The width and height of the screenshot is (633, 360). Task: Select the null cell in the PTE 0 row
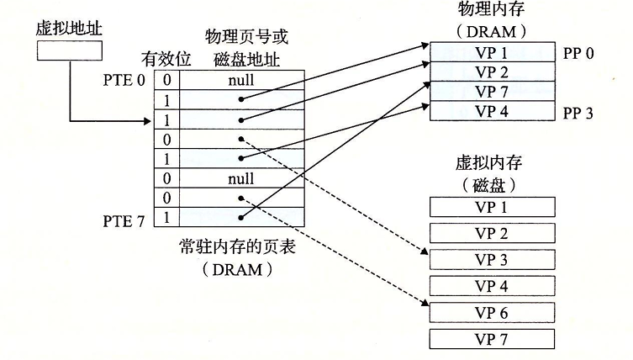pyautogui.click(x=241, y=81)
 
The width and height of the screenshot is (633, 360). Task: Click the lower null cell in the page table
pyautogui.click(x=241, y=179)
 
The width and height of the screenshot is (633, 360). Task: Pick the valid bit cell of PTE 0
pyautogui.click(x=166, y=81)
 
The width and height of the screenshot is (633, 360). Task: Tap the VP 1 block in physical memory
pyautogui.click(x=491, y=52)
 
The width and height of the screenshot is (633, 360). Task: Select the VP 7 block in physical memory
pyautogui.click(x=491, y=92)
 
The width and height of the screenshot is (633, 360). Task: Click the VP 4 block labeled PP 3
pyautogui.click(x=491, y=111)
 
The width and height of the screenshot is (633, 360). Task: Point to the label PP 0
pyautogui.click(x=578, y=52)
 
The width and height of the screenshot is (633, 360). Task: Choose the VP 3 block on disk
pyautogui.click(x=491, y=259)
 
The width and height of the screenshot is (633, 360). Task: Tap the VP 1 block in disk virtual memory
pyautogui.click(x=491, y=206)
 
